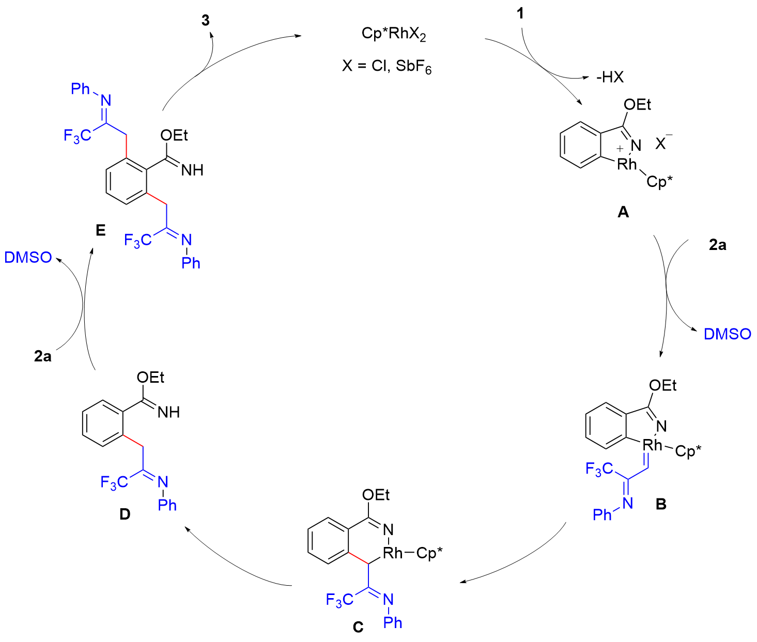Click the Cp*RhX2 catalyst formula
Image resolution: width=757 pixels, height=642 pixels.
coord(394,35)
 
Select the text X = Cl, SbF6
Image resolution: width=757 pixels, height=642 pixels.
coord(387,67)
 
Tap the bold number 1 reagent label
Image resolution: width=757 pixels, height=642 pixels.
coord(520,14)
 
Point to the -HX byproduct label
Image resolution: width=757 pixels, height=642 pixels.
coord(610,77)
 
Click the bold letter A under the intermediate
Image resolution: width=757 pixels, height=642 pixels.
coord(623,212)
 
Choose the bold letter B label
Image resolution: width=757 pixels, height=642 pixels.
coord(660,504)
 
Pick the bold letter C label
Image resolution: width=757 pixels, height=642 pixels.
coord(358,627)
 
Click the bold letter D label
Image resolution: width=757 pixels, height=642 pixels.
coord(125,514)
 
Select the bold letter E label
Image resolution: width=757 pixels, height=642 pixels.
coord(101,230)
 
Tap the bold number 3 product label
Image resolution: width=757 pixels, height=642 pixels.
coord(206,21)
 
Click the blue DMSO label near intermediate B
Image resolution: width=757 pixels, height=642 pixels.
coord(727,334)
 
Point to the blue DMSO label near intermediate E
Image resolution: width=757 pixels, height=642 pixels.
coord(28,257)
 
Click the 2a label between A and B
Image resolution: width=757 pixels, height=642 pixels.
coord(717,245)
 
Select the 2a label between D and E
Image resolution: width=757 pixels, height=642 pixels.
coord(43,356)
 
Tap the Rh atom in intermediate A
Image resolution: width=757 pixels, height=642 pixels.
coord(627,164)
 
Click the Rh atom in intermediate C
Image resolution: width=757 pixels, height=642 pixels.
coord(393,553)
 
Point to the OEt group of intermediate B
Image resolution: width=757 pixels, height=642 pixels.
coord(662,385)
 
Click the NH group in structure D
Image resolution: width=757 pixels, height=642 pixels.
coord(168,412)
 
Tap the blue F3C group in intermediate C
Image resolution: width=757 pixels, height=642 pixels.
coord(339,600)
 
